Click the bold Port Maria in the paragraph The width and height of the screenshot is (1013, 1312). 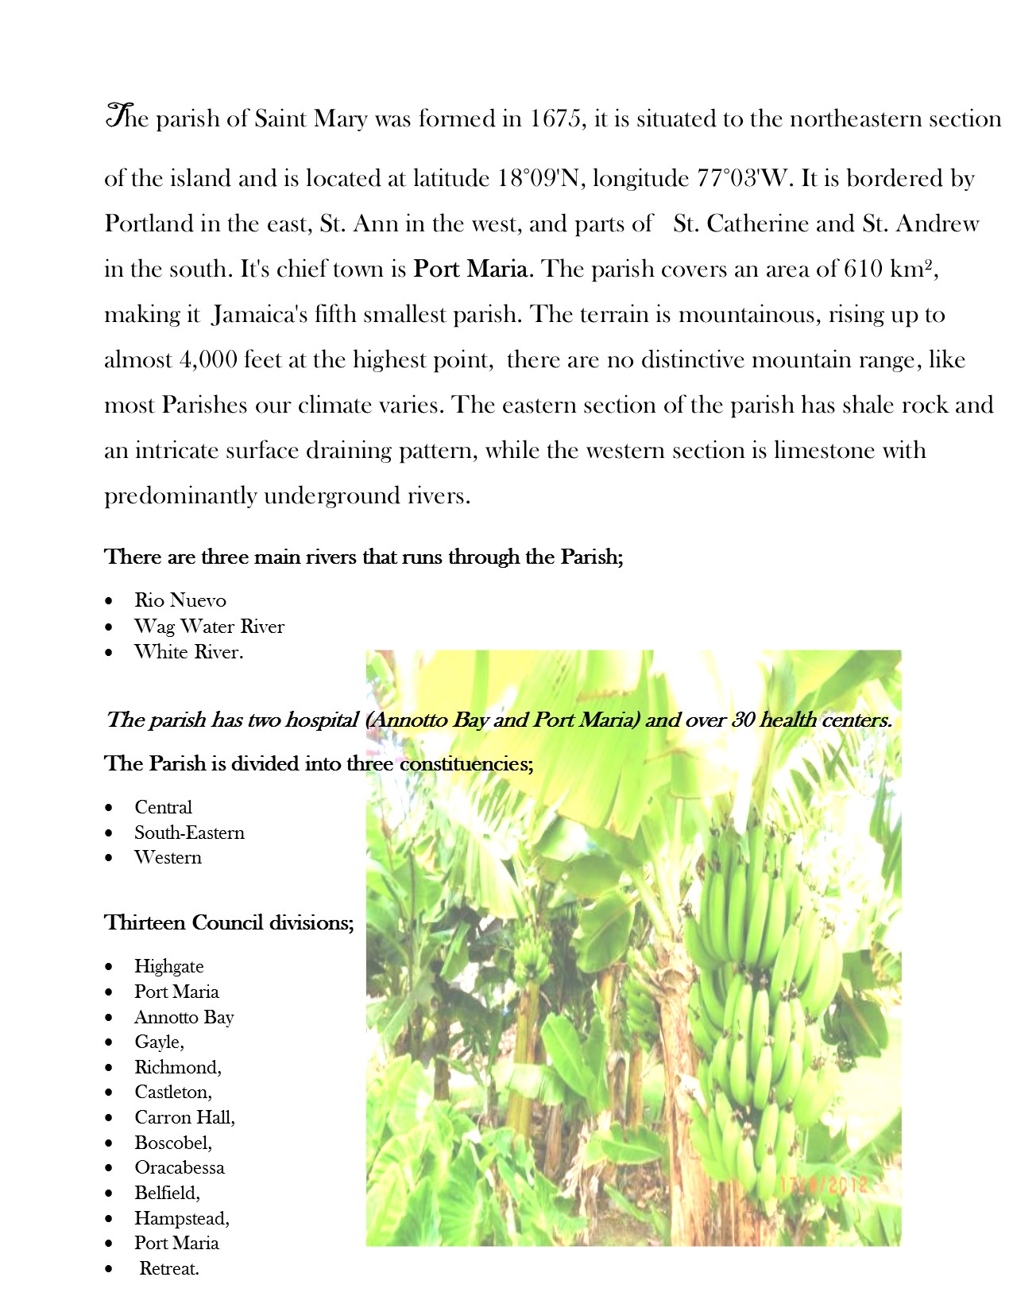pyautogui.click(x=470, y=269)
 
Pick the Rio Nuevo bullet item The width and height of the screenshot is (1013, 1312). pyautogui.click(x=180, y=600)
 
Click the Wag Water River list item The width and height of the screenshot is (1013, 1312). pyautogui.click(x=209, y=627)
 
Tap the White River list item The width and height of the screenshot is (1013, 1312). pyautogui.click(x=188, y=652)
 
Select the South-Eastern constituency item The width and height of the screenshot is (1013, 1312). pyautogui.click(x=189, y=833)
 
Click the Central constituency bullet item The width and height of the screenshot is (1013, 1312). pyautogui.click(x=163, y=807)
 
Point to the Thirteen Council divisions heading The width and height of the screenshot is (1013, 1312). pyautogui.click(x=229, y=922)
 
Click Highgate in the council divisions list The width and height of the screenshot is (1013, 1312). pyautogui.click(x=168, y=966)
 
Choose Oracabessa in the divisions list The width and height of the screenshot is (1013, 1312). pyautogui.click(x=180, y=1167)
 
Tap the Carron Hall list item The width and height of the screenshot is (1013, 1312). pyautogui.click(x=184, y=1117)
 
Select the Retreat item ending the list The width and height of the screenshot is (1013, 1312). pyautogui.click(x=169, y=1268)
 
